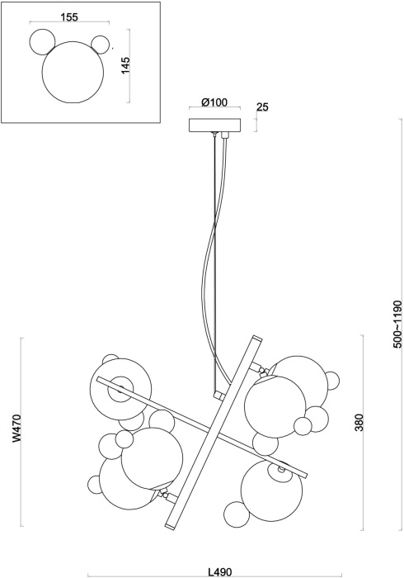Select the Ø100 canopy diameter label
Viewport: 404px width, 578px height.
point(214,104)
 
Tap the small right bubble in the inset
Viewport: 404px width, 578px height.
point(101,44)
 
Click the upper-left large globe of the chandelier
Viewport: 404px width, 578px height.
point(121,390)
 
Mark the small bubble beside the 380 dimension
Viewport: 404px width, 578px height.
point(331,381)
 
